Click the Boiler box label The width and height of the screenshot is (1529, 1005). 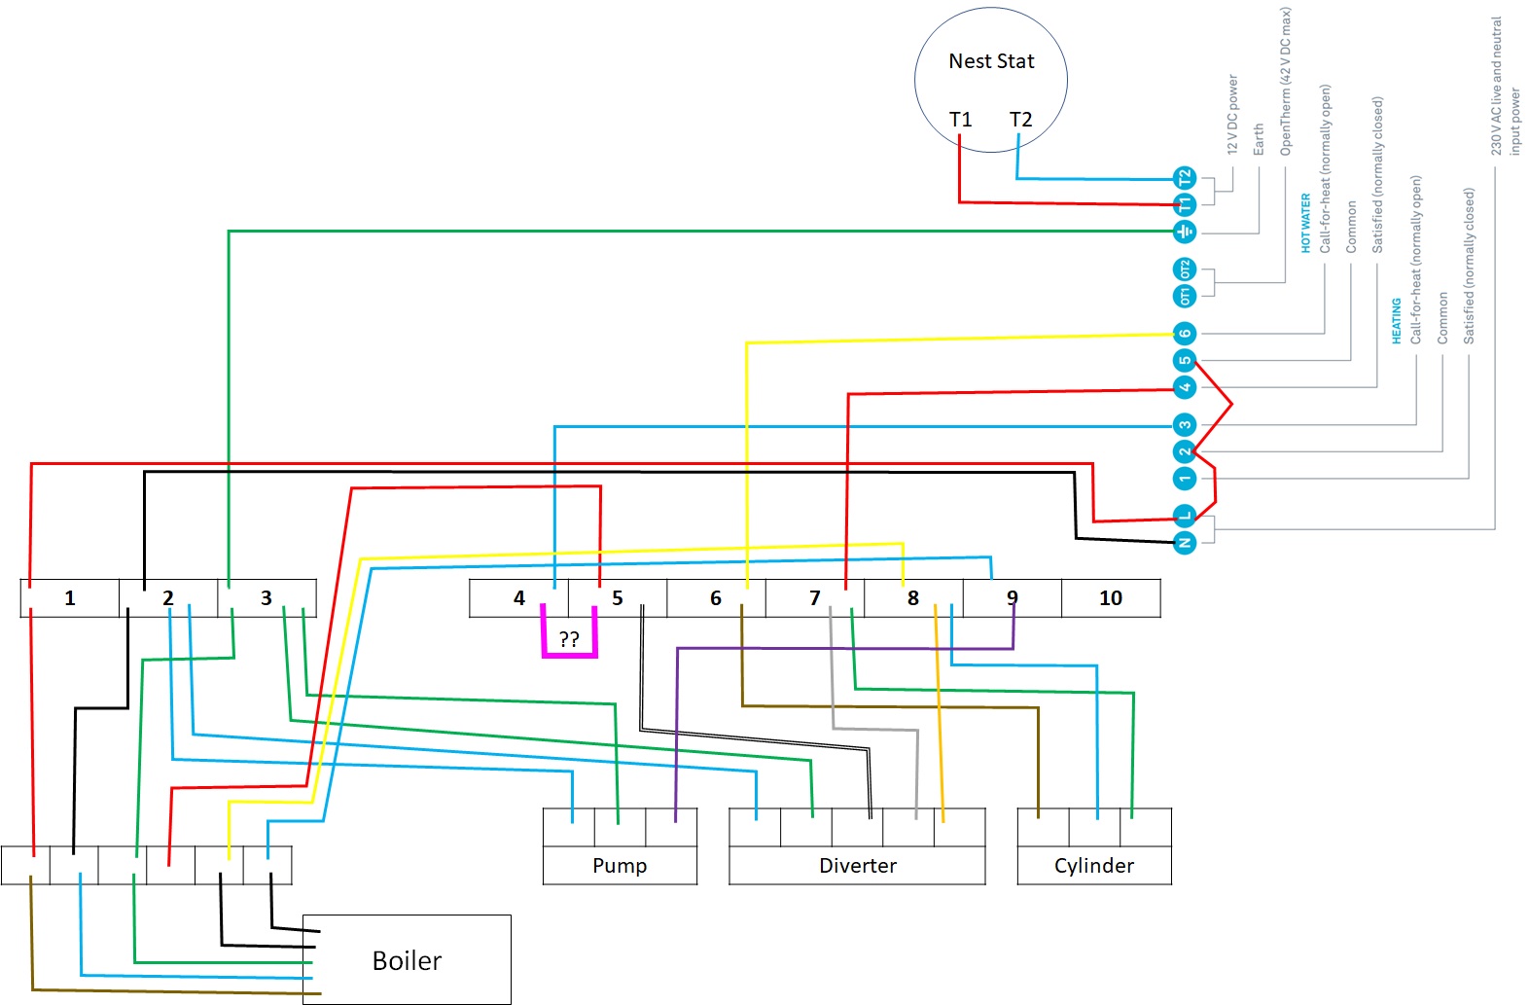coord(407,961)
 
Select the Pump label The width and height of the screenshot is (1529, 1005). coord(620,866)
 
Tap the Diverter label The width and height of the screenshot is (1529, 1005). coord(858,866)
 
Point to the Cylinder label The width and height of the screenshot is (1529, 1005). coord(1094,866)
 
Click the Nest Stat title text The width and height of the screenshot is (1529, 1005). coord(991,61)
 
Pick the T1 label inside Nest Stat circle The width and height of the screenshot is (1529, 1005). coord(961,120)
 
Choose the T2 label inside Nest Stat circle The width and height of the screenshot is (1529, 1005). coord(1020,120)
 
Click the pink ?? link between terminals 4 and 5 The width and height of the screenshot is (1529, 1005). coord(569,640)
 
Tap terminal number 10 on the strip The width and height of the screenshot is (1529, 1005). coord(1111,598)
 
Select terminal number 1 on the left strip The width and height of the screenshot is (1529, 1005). coord(70,598)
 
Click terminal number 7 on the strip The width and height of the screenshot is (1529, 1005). coord(815,598)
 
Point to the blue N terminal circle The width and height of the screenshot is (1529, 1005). coord(1184,542)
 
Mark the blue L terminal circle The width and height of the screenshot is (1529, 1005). coord(1184,516)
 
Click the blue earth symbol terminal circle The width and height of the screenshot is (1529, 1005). coord(1184,232)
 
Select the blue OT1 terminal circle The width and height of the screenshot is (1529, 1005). coord(1184,296)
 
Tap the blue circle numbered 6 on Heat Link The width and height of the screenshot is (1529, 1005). coord(1184,334)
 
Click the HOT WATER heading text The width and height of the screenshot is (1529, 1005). coord(1306,223)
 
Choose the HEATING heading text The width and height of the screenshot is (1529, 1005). coord(1397,320)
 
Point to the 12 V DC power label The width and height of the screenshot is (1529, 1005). coord(1233,115)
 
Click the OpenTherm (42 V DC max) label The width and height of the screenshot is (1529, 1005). coord(1286,82)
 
